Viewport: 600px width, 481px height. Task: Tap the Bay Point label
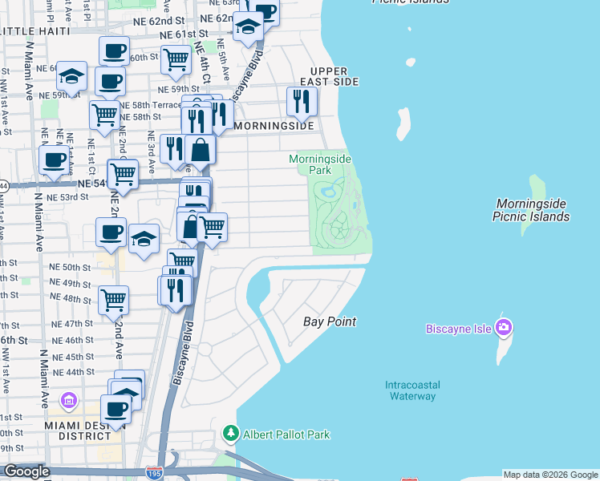[x=329, y=321]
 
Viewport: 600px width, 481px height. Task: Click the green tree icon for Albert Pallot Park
[x=231, y=434]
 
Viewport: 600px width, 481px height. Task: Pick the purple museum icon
[x=69, y=399]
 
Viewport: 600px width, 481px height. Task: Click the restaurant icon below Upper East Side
[x=302, y=101]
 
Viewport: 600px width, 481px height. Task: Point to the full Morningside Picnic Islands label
[x=533, y=210]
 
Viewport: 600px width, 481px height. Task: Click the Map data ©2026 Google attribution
[x=549, y=475]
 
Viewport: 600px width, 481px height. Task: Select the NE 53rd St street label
[x=67, y=196]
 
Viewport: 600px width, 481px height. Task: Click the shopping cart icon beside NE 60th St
[x=176, y=59]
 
